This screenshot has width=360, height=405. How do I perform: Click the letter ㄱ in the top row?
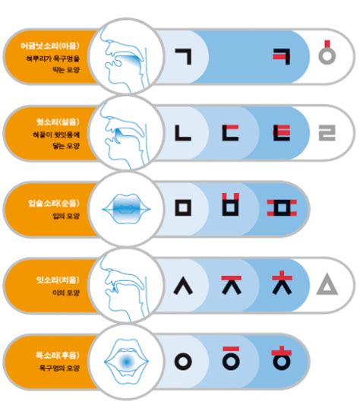183,57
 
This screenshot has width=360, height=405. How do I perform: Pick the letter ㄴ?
183,133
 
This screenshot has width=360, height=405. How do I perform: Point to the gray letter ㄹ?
327,134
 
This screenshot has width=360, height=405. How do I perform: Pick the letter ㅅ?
183,284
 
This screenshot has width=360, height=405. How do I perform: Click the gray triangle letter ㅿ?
327,285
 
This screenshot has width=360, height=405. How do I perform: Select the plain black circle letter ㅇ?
183,360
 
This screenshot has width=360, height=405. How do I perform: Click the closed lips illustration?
125,206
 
